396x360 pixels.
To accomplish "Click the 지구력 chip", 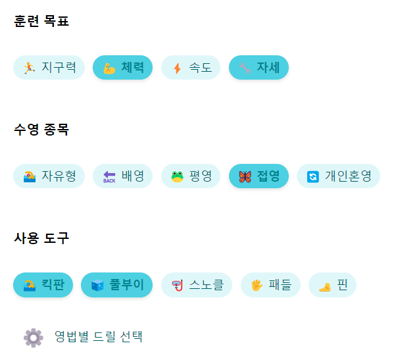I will [49, 67].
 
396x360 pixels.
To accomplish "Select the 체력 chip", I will [122, 67].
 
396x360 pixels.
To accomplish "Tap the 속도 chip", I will [191, 67].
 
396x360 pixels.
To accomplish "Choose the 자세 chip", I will [259, 67].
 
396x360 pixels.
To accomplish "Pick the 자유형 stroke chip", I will [49, 176].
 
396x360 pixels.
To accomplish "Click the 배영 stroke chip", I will [122, 176].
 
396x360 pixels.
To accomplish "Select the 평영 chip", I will [191, 176].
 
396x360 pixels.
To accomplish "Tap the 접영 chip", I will [259, 176].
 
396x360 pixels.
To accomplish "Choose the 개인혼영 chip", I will [338, 176].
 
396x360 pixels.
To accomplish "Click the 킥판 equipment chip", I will [43, 285].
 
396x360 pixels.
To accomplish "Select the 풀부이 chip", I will [116, 285].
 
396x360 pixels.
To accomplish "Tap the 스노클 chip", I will [197, 285].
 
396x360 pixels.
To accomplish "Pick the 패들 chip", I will [270, 285].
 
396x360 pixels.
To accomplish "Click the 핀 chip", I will [332, 285].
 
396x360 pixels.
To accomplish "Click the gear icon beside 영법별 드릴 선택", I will [33, 337].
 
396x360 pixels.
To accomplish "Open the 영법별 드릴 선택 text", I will [99, 337].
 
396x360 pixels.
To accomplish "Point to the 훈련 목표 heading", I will [41, 21].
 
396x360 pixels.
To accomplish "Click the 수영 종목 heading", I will [41, 130].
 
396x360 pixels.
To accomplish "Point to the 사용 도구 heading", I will [41, 238].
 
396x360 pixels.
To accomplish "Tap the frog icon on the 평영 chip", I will [177, 176].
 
